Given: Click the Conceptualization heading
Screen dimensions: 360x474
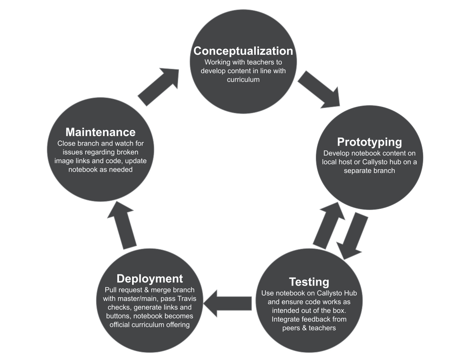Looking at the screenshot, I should point(243,51).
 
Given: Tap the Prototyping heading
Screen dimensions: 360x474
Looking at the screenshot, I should point(369,142).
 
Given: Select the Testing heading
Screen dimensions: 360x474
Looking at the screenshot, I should point(309,282).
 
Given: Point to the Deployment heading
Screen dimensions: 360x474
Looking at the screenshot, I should point(149,278).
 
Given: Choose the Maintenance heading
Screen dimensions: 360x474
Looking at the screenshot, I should point(100,132).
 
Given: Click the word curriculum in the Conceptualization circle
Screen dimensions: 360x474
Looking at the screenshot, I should point(243,80).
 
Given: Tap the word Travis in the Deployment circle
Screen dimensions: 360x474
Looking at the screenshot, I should point(193,298).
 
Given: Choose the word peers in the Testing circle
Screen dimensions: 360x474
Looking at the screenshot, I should point(291,328).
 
